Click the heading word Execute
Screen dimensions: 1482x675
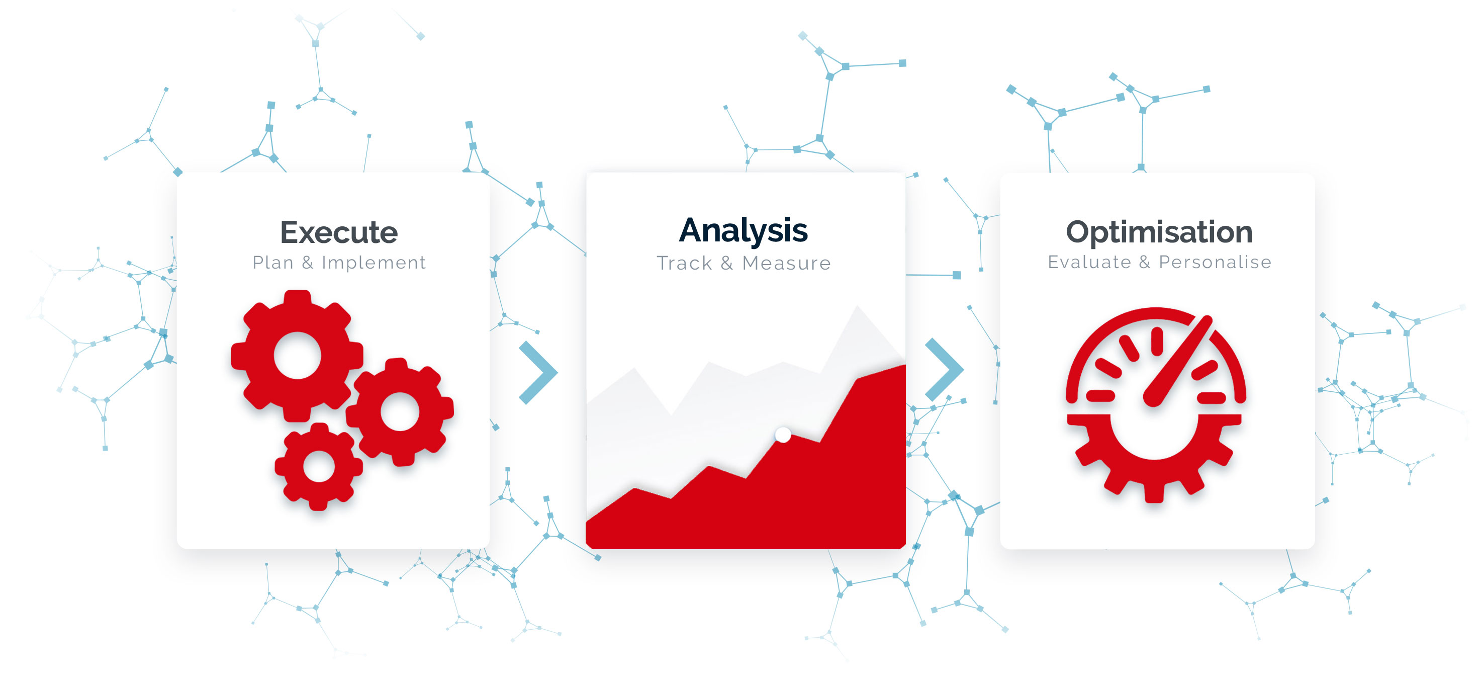pos(339,232)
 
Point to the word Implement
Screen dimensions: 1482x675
pos(374,263)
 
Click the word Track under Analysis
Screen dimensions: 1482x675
pos(684,263)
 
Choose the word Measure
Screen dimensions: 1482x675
pos(786,263)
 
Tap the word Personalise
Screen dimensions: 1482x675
pos(1215,262)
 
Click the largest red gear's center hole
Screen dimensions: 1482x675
pos(298,355)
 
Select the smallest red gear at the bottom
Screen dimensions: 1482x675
pos(319,466)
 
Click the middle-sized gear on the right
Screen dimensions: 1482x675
pos(400,411)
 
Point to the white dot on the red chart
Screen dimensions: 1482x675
pos(783,435)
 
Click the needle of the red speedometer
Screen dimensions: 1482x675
pos(1178,361)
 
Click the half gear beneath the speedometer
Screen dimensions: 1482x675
pos(1154,455)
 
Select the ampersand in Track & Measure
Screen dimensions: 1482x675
pos(726,263)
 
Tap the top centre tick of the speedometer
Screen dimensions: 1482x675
pos(1157,341)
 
